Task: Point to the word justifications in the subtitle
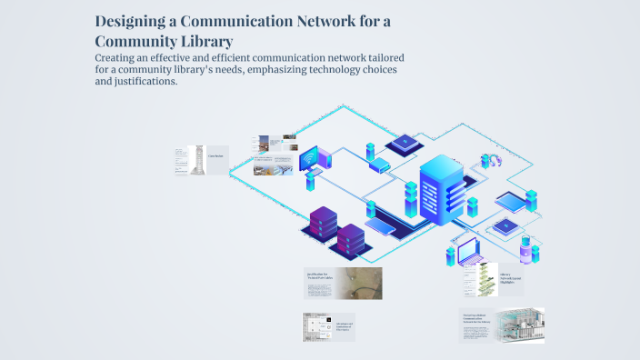coord(141,81)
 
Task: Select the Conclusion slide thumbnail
coord(200,160)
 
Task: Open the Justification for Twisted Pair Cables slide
coord(342,284)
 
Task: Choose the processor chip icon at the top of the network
coord(400,144)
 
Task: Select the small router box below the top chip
coord(380,165)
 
